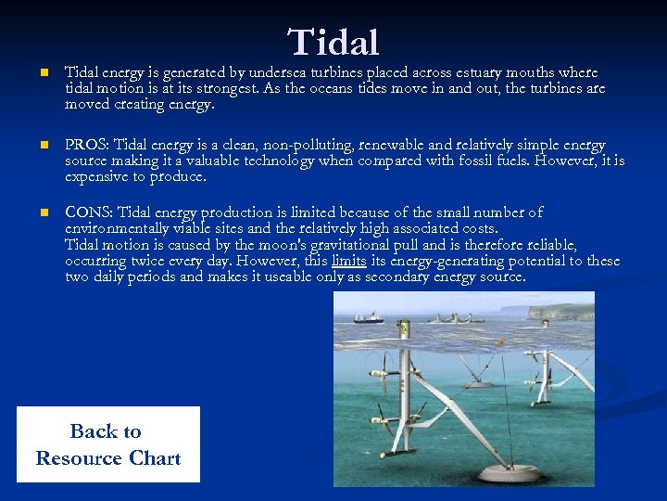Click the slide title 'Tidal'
point(333,42)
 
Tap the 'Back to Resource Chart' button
point(107,444)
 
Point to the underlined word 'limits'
point(348,262)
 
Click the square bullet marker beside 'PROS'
point(32,146)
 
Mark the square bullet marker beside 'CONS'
point(32,213)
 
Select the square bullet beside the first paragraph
point(32,72)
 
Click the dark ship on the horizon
point(369,317)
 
